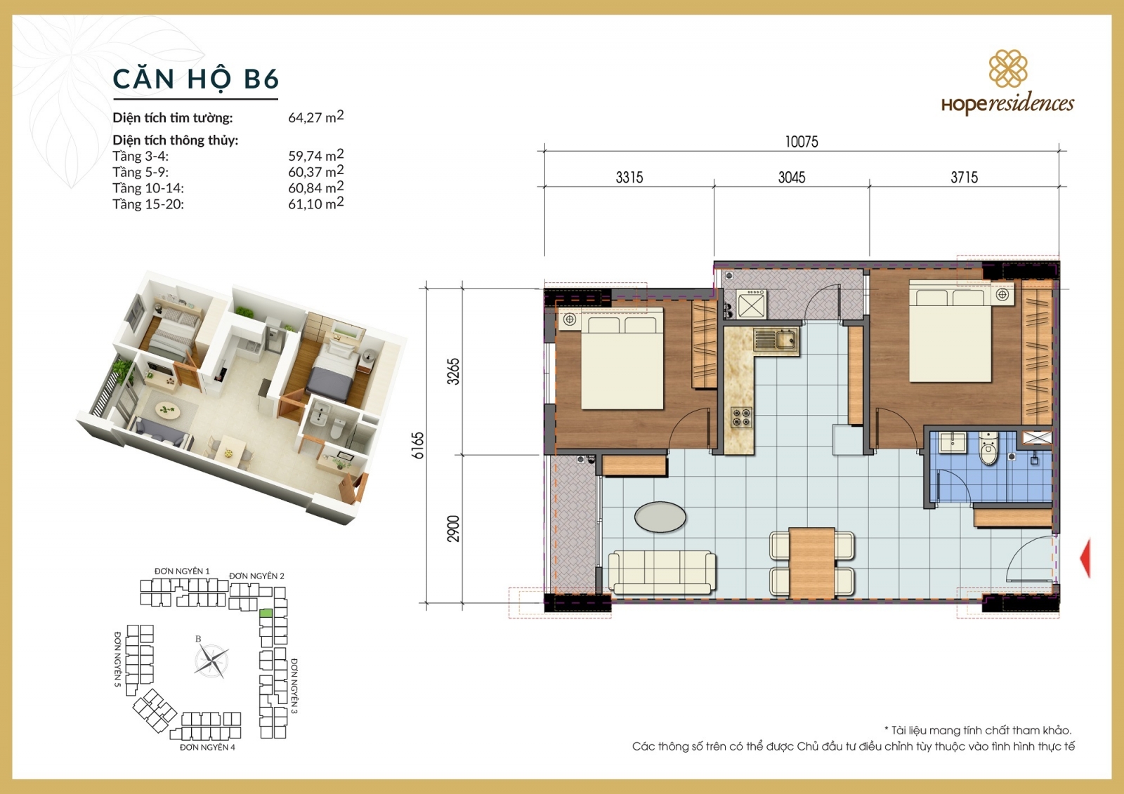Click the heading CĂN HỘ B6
(x=196, y=79)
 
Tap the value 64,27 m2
(x=315, y=117)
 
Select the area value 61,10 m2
(x=315, y=204)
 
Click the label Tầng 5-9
(x=140, y=172)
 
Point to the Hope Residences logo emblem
(x=1008, y=68)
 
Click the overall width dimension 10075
(x=802, y=142)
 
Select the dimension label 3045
(x=792, y=178)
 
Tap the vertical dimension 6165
(x=418, y=445)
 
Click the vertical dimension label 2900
(x=454, y=529)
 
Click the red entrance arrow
(x=1085, y=558)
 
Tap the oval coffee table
(x=660, y=517)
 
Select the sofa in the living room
(x=661, y=573)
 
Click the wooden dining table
(x=812, y=562)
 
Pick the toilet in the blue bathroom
(x=988, y=449)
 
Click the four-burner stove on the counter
(x=741, y=417)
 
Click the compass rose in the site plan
(x=211, y=660)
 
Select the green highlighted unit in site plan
(x=266, y=613)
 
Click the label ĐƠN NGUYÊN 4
(x=207, y=748)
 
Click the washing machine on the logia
(x=751, y=306)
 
